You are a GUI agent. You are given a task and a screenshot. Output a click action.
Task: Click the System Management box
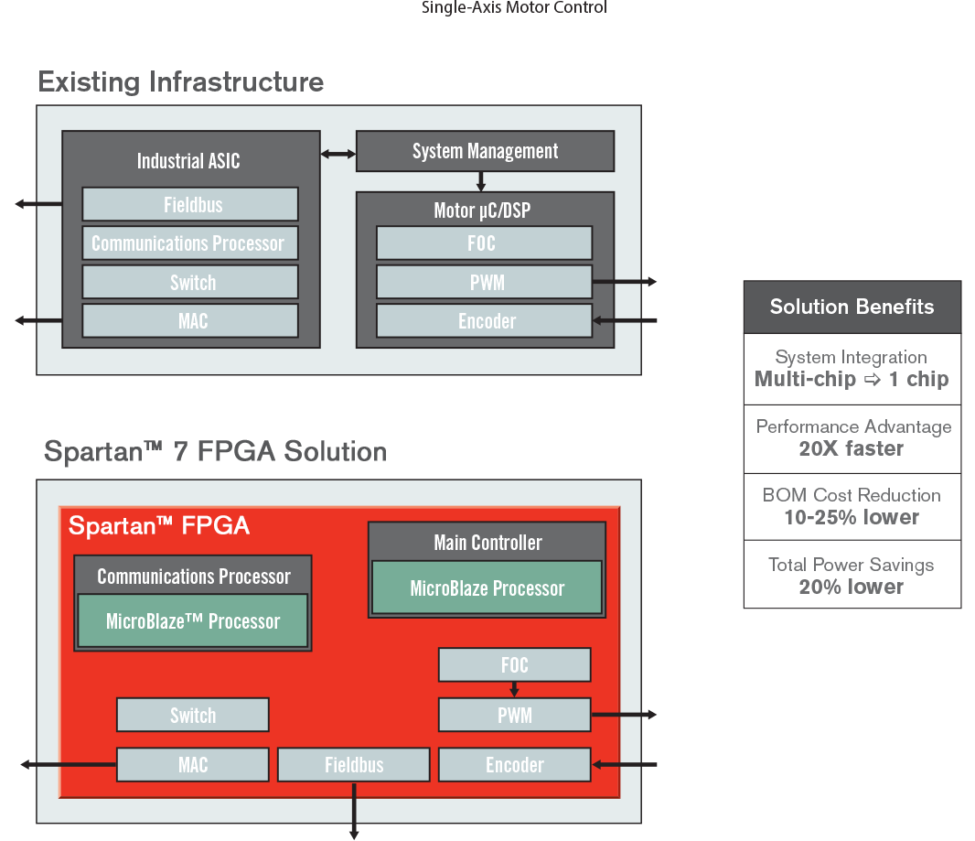[x=485, y=152]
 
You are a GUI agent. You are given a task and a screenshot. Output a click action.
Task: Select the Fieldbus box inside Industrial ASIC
[x=190, y=204]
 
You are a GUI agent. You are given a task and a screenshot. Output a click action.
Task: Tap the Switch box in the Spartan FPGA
[x=193, y=716]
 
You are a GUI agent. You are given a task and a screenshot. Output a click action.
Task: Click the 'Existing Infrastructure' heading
[x=181, y=82]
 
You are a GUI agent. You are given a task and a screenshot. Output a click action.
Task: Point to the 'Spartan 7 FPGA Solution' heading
[x=216, y=452]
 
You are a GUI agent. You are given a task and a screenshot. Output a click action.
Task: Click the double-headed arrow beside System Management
[x=337, y=154]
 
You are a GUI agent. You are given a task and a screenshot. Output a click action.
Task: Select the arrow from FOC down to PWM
[x=515, y=689]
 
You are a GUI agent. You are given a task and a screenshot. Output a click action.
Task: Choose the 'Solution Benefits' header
[x=852, y=307]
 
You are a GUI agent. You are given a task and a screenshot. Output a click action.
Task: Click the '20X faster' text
[x=852, y=449]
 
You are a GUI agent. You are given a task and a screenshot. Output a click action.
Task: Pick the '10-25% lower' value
[x=852, y=518]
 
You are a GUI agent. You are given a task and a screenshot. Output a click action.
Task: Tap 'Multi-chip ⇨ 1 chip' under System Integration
[x=852, y=380]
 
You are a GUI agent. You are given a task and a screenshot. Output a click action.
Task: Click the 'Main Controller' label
[x=487, y=543]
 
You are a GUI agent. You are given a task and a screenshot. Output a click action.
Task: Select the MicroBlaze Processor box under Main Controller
[x=487, y=588]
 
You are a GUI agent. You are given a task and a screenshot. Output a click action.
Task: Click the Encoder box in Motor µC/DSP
[x=485, y=321]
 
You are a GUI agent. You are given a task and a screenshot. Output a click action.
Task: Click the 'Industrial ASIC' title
[x=188, y=162]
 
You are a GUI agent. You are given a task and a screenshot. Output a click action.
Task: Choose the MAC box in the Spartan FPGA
[x=193, y=765]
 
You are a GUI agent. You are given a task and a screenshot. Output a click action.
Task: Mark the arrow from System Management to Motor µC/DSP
[x=481, y=181]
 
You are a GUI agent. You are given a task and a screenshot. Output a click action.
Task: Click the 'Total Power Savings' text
[x=852, y=565]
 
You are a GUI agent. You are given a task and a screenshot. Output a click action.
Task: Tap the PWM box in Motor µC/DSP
[x=485, y=283]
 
